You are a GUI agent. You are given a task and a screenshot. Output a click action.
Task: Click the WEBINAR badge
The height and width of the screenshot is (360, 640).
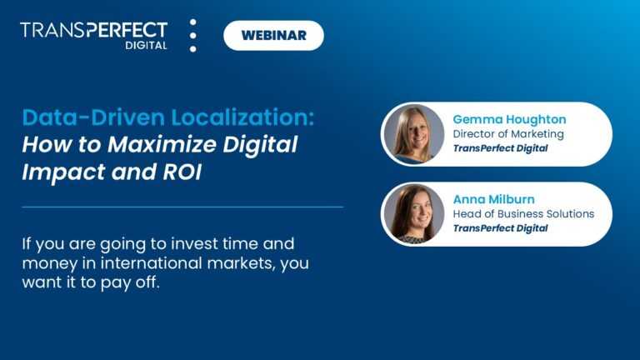click(x=273, y=36)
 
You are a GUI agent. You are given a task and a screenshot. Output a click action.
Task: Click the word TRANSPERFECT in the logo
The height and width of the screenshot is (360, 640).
click(x=93, y=30)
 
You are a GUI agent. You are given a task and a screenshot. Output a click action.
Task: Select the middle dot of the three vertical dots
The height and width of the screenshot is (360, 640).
click(x=193, y=36)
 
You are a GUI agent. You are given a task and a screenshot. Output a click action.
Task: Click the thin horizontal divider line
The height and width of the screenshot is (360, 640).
click(x=182, y=207)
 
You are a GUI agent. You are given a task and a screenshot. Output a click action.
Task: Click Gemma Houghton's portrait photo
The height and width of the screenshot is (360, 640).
click(x=413, y=134)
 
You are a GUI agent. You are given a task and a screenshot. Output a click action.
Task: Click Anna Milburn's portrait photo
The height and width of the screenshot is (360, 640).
click(x=413, y=214)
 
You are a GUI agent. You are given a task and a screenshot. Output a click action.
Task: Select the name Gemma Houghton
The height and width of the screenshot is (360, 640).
click(x=508, y=118)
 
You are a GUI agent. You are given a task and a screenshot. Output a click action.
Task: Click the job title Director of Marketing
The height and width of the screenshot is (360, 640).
click(x=507, y=133)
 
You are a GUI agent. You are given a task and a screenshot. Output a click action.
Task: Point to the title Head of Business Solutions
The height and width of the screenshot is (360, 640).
click(x=523, y=213)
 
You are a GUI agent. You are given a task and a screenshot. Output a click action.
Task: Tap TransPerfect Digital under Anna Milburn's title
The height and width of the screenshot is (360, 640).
click(x=500, y=228)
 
